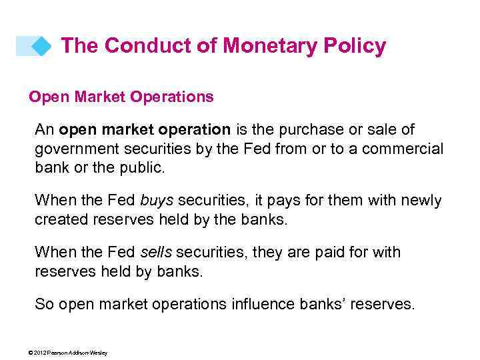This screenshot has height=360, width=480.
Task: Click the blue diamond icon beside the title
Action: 41,46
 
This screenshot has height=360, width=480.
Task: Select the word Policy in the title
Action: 358,45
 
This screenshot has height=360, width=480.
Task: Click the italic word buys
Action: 157,200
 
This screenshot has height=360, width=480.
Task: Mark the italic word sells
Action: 156,252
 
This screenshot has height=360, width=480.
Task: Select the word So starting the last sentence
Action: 44,304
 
